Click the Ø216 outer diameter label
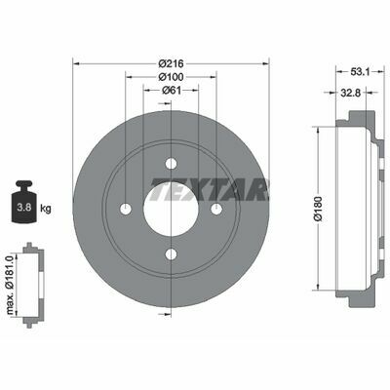171,63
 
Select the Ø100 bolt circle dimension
171,77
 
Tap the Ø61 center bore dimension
171,90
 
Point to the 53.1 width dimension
360,71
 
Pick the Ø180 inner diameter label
318,209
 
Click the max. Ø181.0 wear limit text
10,285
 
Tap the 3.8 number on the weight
24,207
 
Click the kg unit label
46,209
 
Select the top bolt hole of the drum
171,164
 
